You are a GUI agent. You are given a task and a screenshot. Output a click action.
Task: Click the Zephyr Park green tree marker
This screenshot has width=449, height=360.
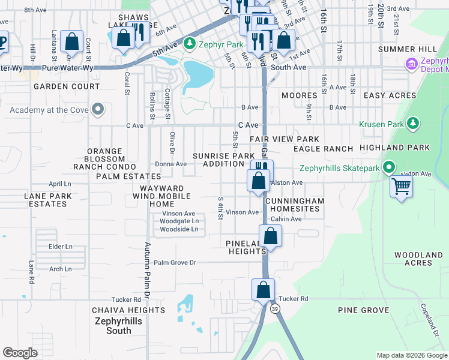click(x=190, y=43)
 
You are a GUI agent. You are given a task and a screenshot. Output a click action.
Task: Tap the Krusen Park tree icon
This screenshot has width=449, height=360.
click(x=412, y=124)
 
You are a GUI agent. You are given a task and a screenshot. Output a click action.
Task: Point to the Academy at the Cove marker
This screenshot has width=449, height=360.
click(x=98, y=109)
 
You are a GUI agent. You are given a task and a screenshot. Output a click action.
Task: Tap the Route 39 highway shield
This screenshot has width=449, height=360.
click(x=275, y=308)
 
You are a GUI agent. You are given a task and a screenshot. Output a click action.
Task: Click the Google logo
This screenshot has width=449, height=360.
click(x=20, y=353)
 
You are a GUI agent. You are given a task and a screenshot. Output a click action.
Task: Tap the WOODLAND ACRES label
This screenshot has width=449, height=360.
click(x=418, y=259)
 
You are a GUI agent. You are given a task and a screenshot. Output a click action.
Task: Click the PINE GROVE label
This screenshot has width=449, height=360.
click(x=364, y=310)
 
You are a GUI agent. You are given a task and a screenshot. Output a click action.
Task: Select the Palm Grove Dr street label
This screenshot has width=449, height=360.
click(x=175, y=263)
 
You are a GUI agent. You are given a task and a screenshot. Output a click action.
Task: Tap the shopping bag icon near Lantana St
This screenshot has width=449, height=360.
click(x=71, y=41)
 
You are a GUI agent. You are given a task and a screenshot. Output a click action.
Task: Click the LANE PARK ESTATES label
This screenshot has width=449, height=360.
click(x=47, y=200)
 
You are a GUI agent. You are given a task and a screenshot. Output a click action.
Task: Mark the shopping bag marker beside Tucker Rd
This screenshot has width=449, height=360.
click(x=263, y=290)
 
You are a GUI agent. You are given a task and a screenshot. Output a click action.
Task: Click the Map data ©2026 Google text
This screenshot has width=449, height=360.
click(x=411, y=355)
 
